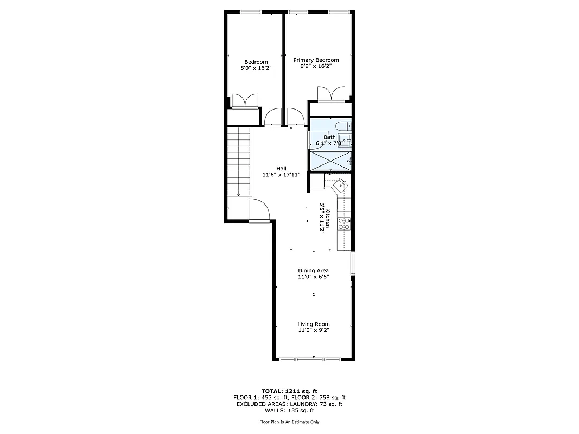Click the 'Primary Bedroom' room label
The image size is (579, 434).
pyautogui.click(x=316, y=60)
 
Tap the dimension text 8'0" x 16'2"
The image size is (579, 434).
pyautogui.click(x=256, y=68)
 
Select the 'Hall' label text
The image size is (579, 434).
pyautogui.click(x=281, y=168)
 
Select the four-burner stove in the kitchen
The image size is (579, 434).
pyautogui.click(x=343, y=223)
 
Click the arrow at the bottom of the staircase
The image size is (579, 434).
pyautogui.click(x=238, y=194)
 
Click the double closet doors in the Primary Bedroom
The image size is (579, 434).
pyautogui.click(x=330, y=94)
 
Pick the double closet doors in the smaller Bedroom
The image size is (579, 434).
pyautogui.click(x=245, y=101)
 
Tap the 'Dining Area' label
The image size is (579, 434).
pyautogui.click(x=313, y=270)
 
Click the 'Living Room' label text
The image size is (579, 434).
pyautogui.click(x=313, y=324)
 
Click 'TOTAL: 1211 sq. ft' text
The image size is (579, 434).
pyautogui.click(x=289, y=391)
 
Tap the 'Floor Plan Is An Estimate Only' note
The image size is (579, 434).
pyautogui.click(x=289, y=422)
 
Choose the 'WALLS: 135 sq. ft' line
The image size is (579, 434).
pyautogui.click(x=289, y=410)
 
